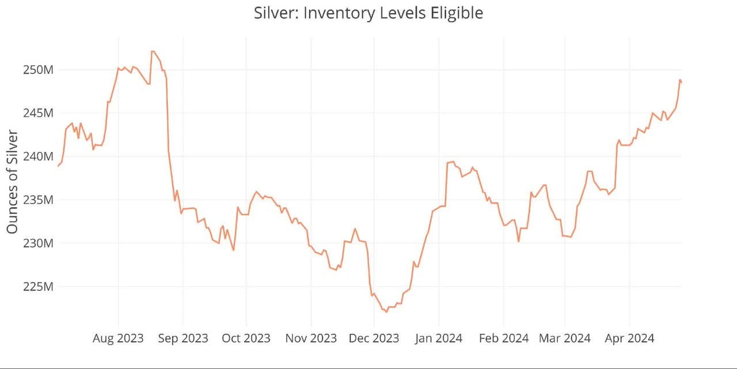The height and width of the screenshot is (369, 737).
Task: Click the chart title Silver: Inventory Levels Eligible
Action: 368,13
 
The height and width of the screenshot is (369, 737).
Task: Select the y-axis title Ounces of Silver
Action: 12,182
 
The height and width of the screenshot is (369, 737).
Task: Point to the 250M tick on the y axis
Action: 39,70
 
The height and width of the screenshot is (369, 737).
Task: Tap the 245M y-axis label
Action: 39,113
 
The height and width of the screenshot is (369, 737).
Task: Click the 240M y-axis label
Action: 39,157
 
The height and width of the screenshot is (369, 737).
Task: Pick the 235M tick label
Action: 39,200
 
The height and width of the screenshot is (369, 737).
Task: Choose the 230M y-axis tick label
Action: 39,244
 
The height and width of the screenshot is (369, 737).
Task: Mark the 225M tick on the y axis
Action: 39,287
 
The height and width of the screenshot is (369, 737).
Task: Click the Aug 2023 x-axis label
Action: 118,338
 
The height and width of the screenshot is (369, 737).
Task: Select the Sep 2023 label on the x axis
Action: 183,338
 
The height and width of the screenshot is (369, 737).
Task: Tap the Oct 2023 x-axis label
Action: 246,338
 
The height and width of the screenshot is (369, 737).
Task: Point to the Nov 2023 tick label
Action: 311,338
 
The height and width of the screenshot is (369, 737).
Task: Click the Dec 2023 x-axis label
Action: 374,338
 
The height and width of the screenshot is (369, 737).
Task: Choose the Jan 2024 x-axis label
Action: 438,338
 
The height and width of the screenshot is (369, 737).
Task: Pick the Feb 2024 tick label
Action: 504,338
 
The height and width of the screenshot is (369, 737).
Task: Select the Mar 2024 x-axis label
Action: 564,338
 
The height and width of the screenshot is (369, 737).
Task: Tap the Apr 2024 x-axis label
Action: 629,338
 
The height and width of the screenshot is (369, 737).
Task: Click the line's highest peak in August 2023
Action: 153,51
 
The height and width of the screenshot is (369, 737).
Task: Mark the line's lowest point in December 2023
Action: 386,312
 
